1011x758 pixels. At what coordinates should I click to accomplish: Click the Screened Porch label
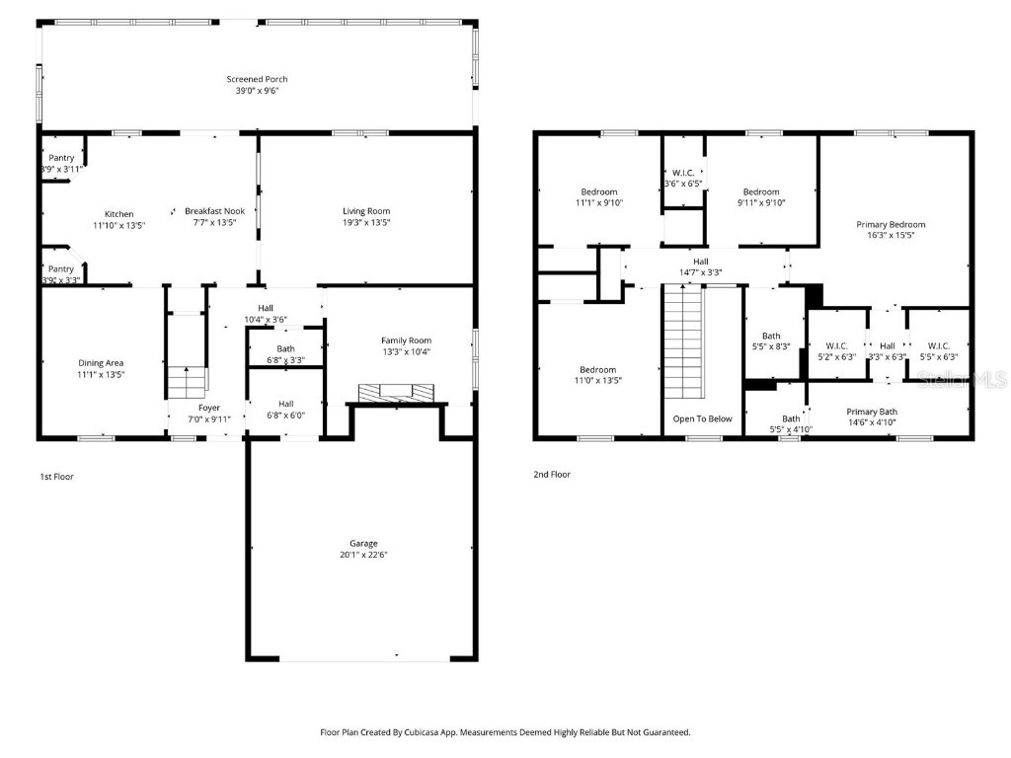(x=257, y=79)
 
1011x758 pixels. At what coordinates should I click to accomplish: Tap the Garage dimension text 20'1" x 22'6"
(x=363, y=555)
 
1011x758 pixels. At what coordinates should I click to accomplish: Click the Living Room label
(x=366, y=210)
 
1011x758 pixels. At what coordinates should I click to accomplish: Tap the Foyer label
(x=209, y=407)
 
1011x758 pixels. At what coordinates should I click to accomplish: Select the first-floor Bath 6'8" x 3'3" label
(x=285, y=348)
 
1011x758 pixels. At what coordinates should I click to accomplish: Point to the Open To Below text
(x=703, y=418)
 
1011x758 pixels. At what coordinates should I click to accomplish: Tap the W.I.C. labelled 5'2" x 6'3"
(x=836, y=345)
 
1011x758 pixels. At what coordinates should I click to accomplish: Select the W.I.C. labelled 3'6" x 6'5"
(x=682, y=172)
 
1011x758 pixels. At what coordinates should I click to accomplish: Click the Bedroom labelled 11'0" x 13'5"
(x=598, y=369)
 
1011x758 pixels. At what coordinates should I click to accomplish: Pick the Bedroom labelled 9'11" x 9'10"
(x=761, y=191)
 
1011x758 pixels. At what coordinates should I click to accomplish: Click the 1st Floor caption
(x=56, y=476)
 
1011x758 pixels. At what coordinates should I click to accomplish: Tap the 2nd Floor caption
(x=553, y=474)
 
